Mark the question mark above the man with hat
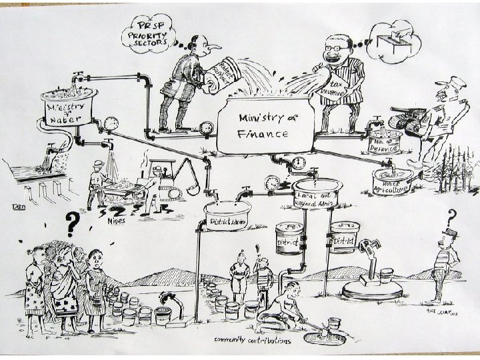point(453,216)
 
